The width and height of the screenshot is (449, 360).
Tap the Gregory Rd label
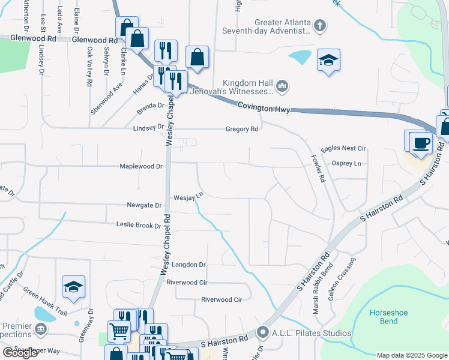click(x=242, y=129)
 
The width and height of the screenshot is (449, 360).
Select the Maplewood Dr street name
click(x=141, y=166)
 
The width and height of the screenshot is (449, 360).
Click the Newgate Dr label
click(x=145, y=205)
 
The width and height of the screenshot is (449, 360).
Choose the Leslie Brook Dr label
click(x=139, y=226)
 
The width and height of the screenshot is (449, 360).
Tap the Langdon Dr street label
click(x=188, y=265)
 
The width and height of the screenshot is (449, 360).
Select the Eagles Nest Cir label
click(x=344, y=148)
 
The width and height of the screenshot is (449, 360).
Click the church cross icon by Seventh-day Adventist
click(x=321, y=26)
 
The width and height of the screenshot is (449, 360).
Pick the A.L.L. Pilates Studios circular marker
click(x=263, y=332)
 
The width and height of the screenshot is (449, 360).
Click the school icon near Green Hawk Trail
click(x=73, y=287)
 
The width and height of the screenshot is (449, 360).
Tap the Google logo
click(x=20, y=353)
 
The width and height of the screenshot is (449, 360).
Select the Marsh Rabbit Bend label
click(x=316, y=288)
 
